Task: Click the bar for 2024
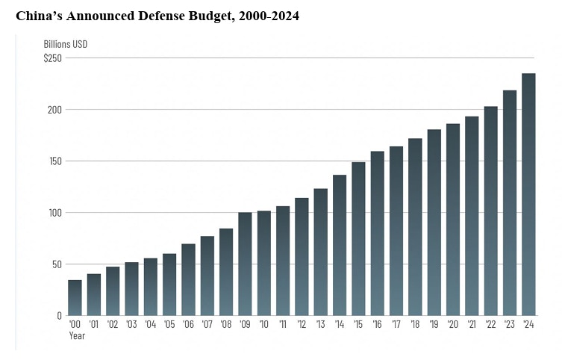(x=528, y=194)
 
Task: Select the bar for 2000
(x=75, y=297)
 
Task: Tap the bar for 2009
(x=245, y=264)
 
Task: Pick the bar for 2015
(x=358, y=238)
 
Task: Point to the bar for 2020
(x=453, y=220)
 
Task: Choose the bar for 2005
(x=169, y=285)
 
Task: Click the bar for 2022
(x=490, y=211)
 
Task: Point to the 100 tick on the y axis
(x=54, y=213)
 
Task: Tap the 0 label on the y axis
(x=59, y=316)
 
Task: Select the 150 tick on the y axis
(x=54, y=161)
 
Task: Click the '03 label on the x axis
(x=131, y=325)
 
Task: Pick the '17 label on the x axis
(x=396, y=325)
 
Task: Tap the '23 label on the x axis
(x=510, y=325)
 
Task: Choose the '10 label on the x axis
(x=263, y=325)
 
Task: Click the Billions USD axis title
(x=65, y=44)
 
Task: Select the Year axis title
(x=77, y=335)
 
